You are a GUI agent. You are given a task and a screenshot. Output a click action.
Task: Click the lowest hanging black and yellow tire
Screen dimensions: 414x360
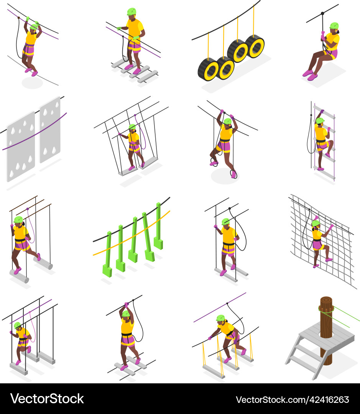pyautogui.click(x=208, y=69)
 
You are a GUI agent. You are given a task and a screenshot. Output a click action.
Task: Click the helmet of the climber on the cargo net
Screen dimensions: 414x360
pyautogui.click(x=316, y=223)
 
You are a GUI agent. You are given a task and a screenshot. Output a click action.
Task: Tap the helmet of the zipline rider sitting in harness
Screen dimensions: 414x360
pyautogui.click(x=334, y=26)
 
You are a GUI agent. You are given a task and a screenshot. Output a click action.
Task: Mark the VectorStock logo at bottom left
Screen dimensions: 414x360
pyautogui.click(x=47, y=399)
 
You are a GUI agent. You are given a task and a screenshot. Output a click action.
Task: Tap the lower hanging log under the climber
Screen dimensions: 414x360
pyautogui.click(x=19, y=276)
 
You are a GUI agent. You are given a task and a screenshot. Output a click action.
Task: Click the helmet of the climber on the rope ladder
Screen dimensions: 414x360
pyautogui.click(x=320, y=121)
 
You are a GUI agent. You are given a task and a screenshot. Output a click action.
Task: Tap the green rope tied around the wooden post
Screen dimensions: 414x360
pyautogui.click(x=345, y=314)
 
